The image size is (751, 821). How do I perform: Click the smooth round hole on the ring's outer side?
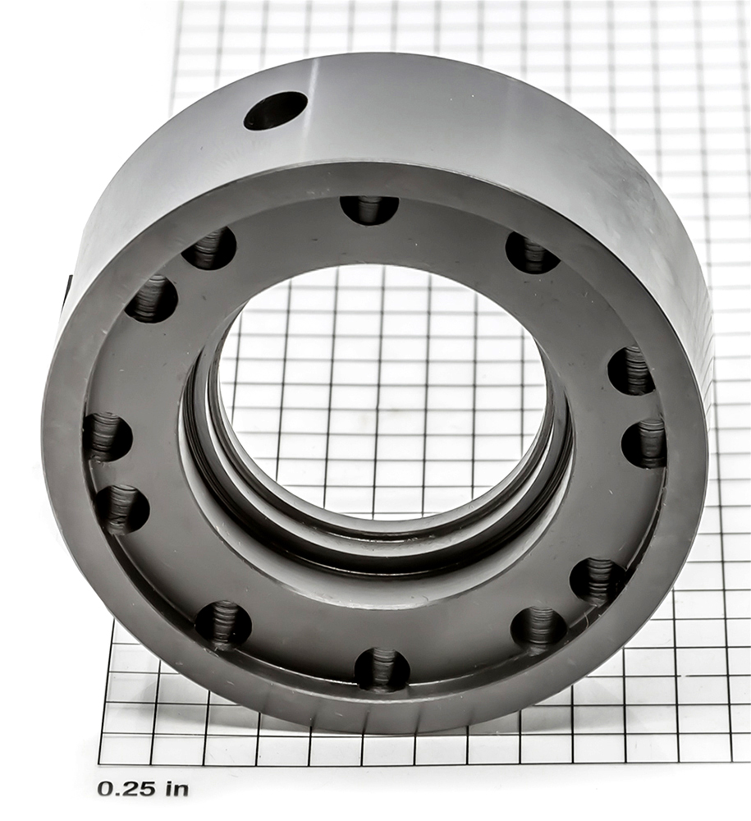pyautogui.click(x=275, y=111)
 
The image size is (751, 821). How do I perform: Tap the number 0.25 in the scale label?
pyautogui.click(x=126, y=788)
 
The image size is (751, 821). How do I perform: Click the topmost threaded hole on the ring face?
pyautogui.click(x=369, y=210)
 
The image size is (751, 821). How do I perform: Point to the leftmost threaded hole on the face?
pyautogui.click(x=108, y=436)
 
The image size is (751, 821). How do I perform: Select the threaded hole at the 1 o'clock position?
pyautogui.click(x=532, y=254)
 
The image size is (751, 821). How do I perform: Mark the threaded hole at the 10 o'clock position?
pyautogui.click(x=151, y=299)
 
